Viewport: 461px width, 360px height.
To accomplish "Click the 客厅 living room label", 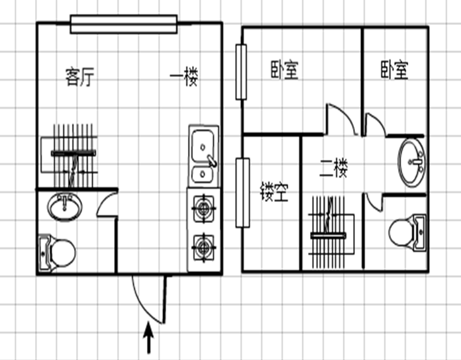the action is pos(79,77).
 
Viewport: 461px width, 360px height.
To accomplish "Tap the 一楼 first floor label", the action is pos(184,77).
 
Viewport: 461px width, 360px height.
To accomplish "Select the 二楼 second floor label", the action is pos(334,168).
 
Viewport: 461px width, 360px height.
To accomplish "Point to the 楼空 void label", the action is pos(274,192).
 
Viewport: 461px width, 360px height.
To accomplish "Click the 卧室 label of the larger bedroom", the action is pos(284,70).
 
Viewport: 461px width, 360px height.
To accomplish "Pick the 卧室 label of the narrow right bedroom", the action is pos(395,70).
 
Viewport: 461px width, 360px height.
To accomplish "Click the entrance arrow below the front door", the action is pos(149,337).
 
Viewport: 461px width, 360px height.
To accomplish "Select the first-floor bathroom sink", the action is pos(65,206).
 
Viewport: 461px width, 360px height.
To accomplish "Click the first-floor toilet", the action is pos(57,253).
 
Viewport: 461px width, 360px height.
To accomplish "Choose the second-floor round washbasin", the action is pos(412,162).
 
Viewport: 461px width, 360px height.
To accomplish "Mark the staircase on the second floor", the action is pos(331,232).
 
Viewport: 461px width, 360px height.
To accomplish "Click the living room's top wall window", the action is pos(124,24).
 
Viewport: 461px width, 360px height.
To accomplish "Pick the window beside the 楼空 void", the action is pos(242,193).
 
